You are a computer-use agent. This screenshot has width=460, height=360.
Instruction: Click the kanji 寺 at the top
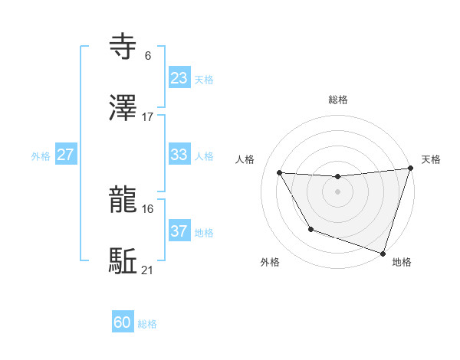pos(123,47)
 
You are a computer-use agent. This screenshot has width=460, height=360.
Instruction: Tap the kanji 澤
pos(123,109)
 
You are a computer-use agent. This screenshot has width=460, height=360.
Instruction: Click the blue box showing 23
pos(179,78)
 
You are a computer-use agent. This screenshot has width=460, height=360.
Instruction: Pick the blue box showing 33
pos(179,155)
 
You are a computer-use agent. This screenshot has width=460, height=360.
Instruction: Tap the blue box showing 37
pos(179,231)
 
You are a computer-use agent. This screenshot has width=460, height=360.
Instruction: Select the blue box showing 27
pos(65,155)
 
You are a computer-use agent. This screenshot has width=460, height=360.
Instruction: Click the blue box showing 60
pos(123,322)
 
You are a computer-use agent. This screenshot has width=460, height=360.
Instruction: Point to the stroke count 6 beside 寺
pos(147,55)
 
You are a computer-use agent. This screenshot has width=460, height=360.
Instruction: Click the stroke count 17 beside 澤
pos(148,116)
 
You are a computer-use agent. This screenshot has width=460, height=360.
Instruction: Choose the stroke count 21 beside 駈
pos(148,270)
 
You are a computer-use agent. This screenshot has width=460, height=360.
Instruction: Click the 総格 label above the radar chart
pos(338,100)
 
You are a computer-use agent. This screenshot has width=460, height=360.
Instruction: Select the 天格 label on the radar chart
pos(431,159)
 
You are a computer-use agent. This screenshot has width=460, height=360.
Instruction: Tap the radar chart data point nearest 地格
pos(383,253)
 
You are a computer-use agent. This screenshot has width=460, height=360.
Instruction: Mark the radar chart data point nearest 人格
pos(280,173)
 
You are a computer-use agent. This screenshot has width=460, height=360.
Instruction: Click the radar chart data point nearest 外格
pos(310,229)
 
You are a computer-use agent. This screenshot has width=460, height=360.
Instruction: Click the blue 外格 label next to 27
pos(41,155)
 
